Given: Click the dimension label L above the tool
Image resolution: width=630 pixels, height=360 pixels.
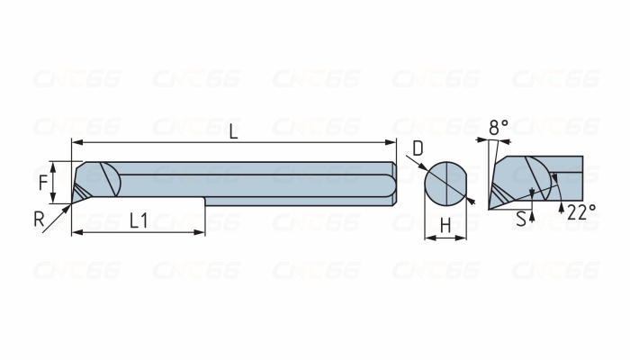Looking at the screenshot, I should [233, 131].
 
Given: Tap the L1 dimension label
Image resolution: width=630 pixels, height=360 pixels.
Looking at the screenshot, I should [139, 219].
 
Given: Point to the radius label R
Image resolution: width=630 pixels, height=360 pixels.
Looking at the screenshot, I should [39, 219].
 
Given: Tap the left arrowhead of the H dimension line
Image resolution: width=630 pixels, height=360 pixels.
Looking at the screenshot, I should [428, 238].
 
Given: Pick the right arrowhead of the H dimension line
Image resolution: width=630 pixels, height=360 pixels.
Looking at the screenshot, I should [464, 238].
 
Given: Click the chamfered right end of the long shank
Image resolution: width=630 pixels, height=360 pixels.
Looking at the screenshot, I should [393, 184].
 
